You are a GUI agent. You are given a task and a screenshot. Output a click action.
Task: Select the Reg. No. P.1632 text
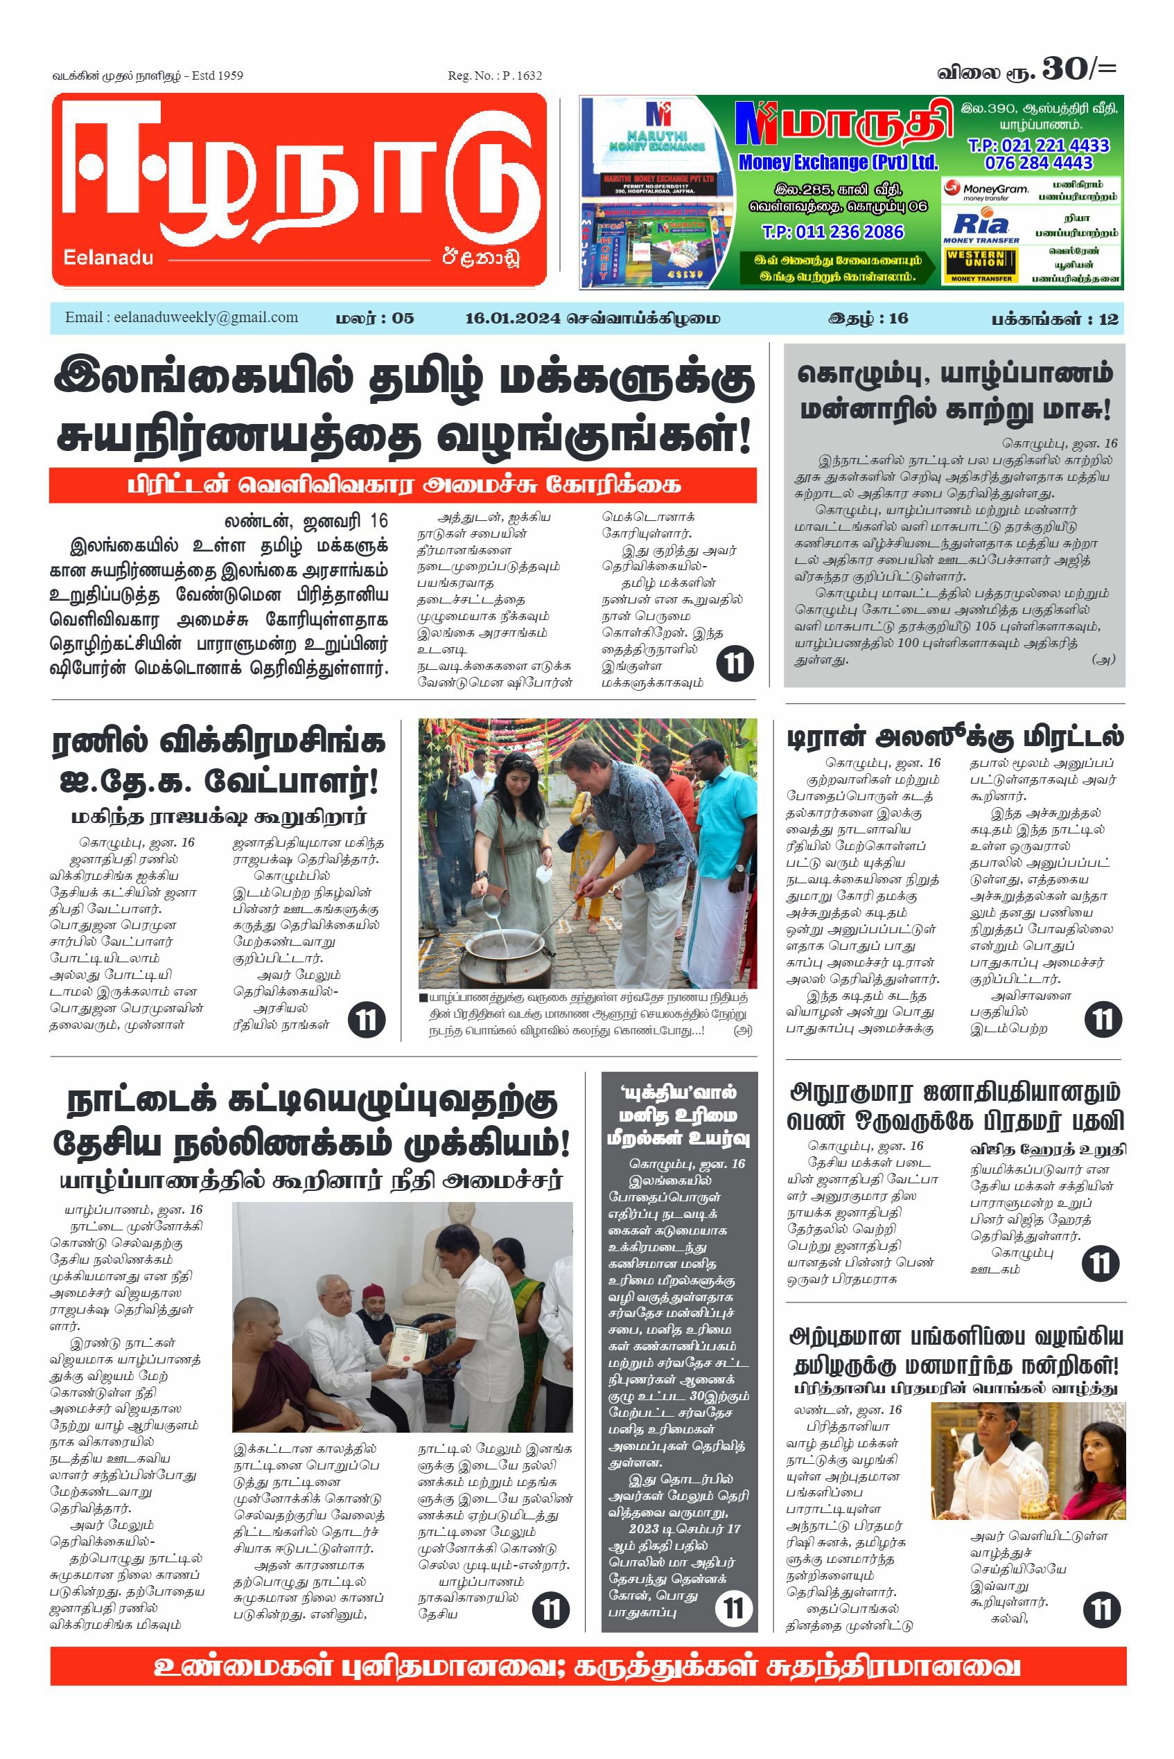pyautogui.click(x=494, y=76)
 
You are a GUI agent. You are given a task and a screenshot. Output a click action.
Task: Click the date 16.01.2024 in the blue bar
pyautogui.click(x=512, y=318)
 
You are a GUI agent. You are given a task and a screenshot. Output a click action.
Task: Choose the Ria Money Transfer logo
pyautogui.click(x=981, y=227)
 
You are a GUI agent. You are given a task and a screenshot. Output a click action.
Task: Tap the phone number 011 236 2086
pyautogui.click(x=832, y=232)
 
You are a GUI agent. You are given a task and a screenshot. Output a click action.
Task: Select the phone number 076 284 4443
pyautogui.click(x=1038, y=163)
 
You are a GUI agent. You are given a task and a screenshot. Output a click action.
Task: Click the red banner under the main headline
pyautogui.click(x=403, y=485)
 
